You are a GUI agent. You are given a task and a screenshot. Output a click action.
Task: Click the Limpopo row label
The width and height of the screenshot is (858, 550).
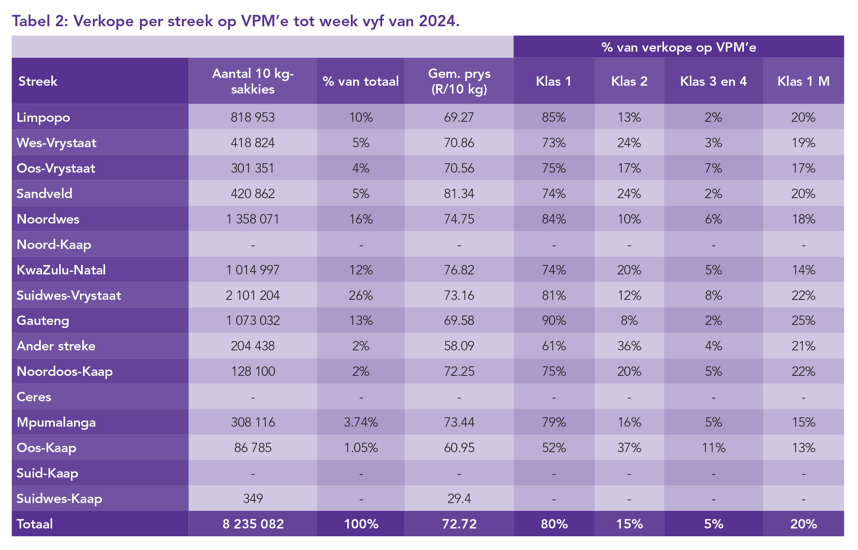44,117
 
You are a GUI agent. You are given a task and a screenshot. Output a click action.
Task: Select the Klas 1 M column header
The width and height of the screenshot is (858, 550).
803,81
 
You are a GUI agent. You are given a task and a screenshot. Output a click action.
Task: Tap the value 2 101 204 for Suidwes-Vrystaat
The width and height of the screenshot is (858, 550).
253,295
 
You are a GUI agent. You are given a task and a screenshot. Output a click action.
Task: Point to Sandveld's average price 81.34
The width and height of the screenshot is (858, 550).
459,193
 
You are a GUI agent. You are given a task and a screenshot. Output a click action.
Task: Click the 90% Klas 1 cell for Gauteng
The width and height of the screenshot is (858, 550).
554,321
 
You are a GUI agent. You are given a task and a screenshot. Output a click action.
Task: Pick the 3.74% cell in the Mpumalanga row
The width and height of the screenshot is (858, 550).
361,422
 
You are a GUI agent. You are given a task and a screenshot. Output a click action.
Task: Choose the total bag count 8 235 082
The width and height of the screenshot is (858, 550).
253,524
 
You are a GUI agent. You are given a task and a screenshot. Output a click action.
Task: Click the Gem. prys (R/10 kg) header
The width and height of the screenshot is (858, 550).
459,81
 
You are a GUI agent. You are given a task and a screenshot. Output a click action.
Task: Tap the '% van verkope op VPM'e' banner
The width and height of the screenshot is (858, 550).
678,47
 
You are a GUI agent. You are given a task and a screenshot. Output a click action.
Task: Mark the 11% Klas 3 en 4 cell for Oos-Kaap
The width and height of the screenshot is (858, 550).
713,447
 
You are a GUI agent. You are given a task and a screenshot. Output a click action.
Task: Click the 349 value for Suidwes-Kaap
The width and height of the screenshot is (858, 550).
253,498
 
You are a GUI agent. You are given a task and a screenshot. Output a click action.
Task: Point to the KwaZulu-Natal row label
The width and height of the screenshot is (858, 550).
61,270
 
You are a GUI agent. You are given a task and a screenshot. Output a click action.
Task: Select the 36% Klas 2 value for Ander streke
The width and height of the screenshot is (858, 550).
629,346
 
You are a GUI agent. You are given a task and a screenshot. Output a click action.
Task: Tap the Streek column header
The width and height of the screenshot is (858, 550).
38,81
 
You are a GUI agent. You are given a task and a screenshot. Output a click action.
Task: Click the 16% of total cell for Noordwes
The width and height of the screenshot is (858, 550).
361,219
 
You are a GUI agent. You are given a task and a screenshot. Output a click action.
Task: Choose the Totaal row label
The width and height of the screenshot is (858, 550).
35,524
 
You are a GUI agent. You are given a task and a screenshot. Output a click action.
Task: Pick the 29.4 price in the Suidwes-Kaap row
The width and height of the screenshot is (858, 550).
459,498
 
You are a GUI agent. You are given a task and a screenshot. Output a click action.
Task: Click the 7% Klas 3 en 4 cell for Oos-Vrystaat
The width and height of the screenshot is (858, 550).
713,168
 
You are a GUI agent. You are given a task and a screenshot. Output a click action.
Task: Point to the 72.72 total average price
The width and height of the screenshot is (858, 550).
459,524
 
